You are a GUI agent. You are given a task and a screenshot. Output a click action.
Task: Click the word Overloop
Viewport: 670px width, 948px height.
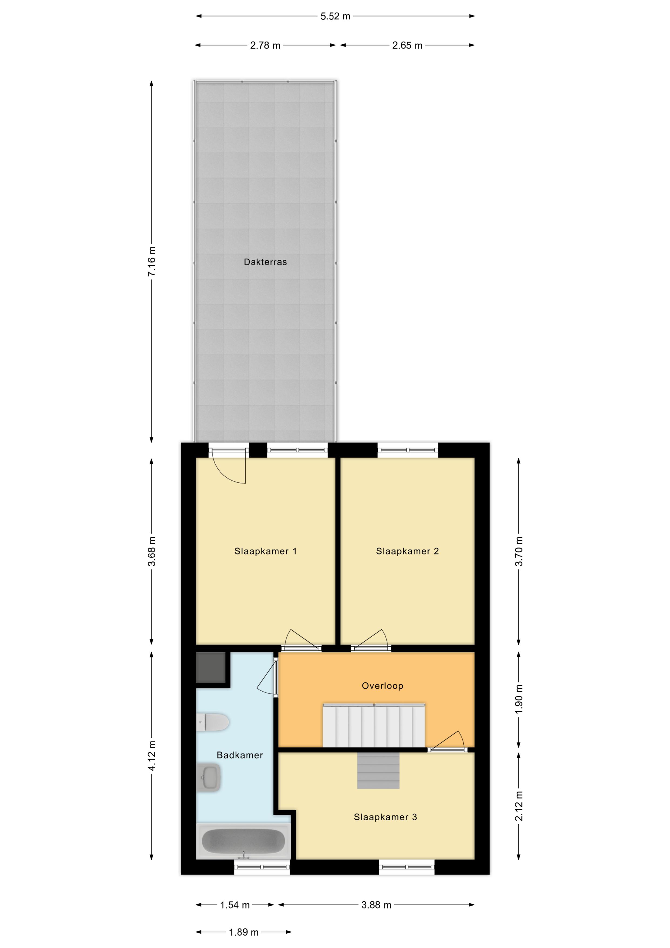pos(382,686)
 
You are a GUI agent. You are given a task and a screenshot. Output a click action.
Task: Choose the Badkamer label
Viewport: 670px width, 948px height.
pos(240,755)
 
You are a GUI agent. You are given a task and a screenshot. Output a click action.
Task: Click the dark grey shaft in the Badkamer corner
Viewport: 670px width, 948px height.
pos(210,668)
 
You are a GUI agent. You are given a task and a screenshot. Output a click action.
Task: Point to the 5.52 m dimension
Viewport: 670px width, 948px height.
pos(335,16)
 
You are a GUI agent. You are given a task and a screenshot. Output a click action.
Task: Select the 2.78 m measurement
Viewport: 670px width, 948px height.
pos(265,45)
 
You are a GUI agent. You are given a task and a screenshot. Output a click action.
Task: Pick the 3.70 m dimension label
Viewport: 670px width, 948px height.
pos(519,551)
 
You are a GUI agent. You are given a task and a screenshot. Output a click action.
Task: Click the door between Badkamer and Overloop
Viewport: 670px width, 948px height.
pos(267,677)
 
